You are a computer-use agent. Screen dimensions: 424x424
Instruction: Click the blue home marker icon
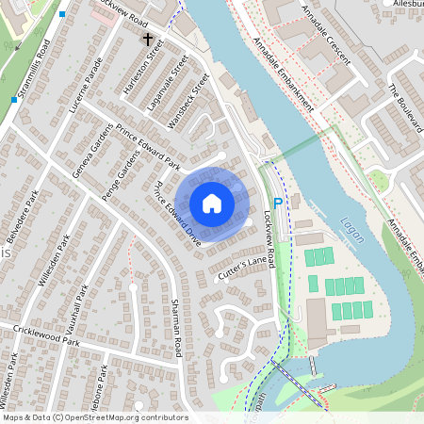[212, 203]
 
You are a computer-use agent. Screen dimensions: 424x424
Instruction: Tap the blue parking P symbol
[277, 203]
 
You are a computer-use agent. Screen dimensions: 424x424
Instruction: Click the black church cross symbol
[147, 40]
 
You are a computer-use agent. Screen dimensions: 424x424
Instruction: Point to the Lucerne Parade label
[85, 92]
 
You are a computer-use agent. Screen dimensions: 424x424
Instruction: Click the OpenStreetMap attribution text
[94, 417]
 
